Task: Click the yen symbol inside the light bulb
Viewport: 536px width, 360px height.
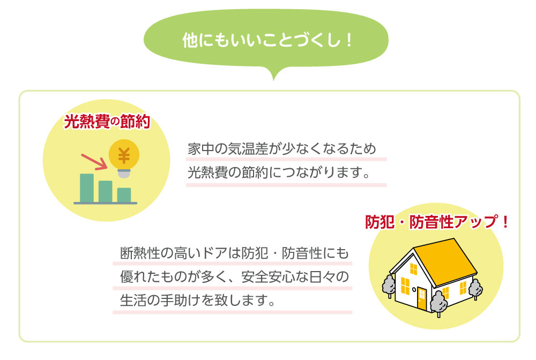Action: pyautogui.click(x=124, y=156)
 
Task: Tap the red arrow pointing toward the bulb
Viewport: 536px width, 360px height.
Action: pyautogui.click(x=94, y=162)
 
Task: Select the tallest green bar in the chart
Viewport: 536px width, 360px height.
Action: pyautogui.click(x=87, y=188)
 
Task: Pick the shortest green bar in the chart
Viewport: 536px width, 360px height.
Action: pyautogui.click(x=124, y=195)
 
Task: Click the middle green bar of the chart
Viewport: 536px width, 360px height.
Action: pyautogui.click(x=105, y=191)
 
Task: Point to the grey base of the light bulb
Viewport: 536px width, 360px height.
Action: pyautogui.click(x=124, y=174)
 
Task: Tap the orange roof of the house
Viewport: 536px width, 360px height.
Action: pyautogui.click(x=445, y=261)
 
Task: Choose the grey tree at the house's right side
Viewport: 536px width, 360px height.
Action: pyautogui.click(x=475, y=289)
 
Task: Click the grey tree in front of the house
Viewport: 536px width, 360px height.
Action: pyautogui.click(x=438, y=303)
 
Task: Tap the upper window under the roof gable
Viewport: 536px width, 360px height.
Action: pyautogui.click(x=414, y=269)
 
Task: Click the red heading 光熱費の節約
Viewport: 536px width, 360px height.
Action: pyautogui.click(x=107, y=122)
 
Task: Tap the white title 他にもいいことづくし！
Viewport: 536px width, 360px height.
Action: pyautogui.click(x=267, y=40)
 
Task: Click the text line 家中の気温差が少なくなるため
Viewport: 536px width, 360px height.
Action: pyautogui.click(x=282, y=149)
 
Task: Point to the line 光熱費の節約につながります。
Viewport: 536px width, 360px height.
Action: pyautogui.click(x=279, y=172)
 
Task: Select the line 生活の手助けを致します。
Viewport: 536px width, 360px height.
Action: pyautogui.click(x=198, y=301)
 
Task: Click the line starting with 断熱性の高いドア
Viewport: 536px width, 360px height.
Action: pyautogui.click(x=235, y=253)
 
